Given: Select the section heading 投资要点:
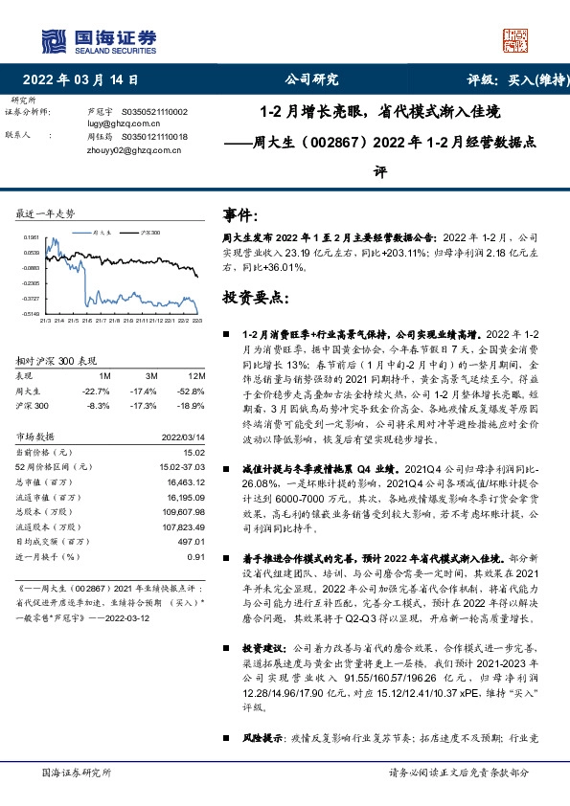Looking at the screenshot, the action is (256, 298).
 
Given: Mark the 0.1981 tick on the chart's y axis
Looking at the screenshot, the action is (32, 237).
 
